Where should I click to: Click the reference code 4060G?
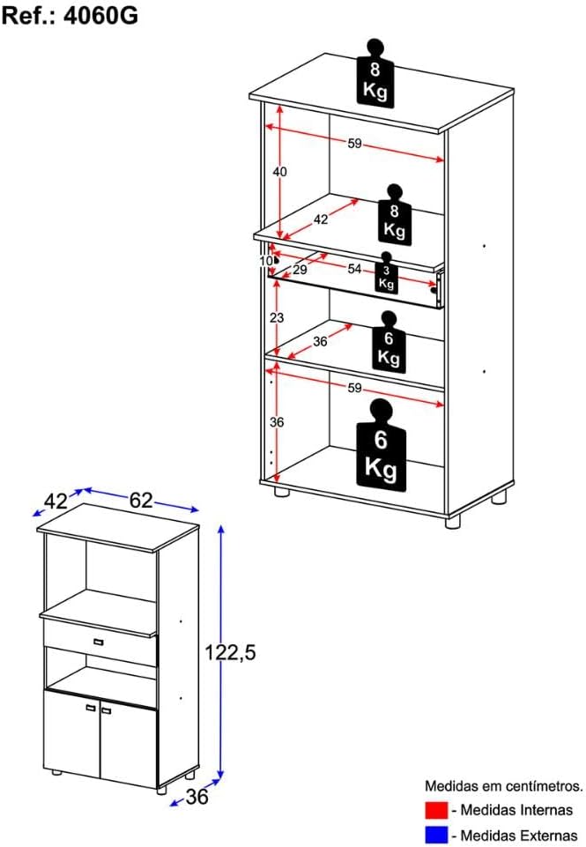click(101, 15)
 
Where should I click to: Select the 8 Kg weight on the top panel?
click(375, 73)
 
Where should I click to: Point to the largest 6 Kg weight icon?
click(381, 445)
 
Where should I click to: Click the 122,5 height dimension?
click(230, 652)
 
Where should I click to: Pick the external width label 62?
click(141, 501)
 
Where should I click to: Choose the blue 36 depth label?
click(197, 796)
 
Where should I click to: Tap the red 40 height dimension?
click(279, 172)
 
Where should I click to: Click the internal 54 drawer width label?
click(354, 269)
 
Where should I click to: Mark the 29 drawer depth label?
click(300, 269)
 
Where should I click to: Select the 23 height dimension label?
click(277, 317)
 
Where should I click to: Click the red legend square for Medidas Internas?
click(436, 810)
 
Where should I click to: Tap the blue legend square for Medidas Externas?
click(436, 835)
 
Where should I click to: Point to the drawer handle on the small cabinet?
click(98, 642)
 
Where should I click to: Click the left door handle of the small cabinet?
click(90, 708)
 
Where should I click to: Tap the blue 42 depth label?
click(56, 502)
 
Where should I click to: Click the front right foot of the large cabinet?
click(453, 521)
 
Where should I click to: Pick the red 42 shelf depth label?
click(321, 219)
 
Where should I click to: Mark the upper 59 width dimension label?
click(354, 144)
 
